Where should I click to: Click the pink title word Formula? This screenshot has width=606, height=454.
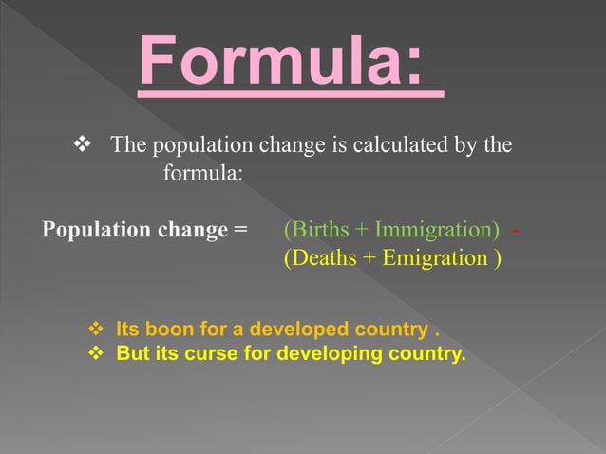[290, 64]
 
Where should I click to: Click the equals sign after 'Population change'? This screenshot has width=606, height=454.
[239, 230]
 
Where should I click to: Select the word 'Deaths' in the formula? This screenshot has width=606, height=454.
[322, 257]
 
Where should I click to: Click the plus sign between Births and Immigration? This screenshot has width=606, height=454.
[362, 230]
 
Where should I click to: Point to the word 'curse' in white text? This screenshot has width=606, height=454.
[209, 354]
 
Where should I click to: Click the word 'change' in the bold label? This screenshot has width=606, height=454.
[189, 230]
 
